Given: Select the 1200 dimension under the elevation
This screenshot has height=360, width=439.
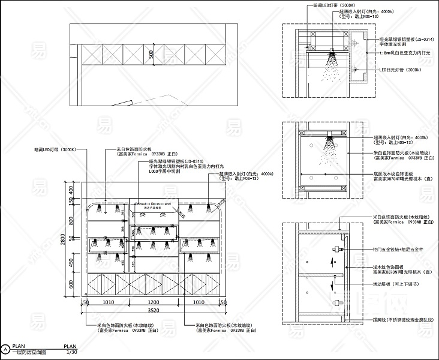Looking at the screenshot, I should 153,302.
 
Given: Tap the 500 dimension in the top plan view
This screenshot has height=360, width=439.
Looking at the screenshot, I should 152,55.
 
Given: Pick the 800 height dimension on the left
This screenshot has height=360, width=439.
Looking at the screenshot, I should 70,220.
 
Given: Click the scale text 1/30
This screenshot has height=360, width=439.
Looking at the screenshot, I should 71,352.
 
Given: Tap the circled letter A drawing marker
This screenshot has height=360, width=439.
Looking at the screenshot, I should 5,349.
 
